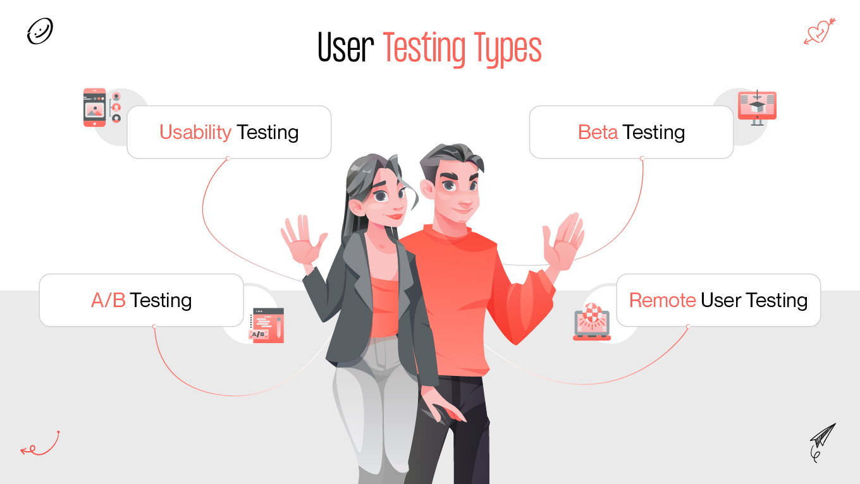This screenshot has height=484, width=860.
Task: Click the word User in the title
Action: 346,49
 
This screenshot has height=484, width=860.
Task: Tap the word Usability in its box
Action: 195,132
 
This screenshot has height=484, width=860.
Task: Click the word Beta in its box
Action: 598,132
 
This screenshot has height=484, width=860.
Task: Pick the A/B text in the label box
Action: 108,300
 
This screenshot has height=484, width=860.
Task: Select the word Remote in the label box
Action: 662,300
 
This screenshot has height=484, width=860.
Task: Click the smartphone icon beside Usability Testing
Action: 95,107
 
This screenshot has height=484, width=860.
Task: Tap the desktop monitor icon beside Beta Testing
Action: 757,106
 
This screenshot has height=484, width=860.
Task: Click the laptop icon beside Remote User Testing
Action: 592,322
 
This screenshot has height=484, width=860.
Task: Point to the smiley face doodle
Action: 40,31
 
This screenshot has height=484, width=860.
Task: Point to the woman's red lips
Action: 396,215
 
